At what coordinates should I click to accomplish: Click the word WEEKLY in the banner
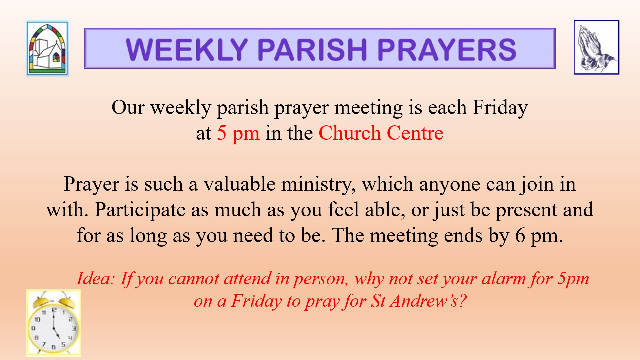(187, 49)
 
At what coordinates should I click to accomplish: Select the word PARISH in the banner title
(312, 49)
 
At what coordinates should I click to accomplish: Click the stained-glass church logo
(47, 49)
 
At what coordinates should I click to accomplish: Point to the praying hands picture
(596, 47)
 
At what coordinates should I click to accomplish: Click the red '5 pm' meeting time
(238, 134)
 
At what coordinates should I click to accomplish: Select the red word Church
(350, 133)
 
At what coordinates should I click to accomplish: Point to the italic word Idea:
(96, 278)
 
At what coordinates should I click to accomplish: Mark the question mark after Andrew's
(463, 301)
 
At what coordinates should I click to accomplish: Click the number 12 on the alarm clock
(54, 310)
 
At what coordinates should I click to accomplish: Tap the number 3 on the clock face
(74, 329)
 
